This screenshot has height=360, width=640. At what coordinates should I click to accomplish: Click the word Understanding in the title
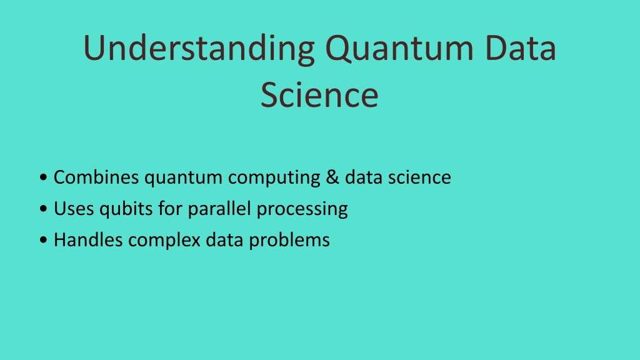199,49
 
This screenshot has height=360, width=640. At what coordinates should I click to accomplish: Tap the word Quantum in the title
399,48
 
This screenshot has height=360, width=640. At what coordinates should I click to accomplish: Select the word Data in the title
521,47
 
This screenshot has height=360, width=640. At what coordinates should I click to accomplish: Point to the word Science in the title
319,95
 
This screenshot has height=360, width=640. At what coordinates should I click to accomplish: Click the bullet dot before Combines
43,177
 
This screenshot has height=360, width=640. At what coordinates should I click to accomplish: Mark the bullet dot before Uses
43,209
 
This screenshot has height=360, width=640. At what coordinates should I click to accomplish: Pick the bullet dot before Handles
43,239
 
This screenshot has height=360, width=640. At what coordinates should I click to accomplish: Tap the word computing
274,179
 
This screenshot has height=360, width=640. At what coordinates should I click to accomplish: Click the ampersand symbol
332,177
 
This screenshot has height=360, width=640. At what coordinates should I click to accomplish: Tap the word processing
302,210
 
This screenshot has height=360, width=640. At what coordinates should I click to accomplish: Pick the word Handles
88,239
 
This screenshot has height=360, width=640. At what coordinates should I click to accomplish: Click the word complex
164,241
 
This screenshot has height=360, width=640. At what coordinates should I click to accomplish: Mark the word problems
289,241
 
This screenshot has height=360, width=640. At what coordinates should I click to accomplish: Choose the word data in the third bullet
224,239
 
